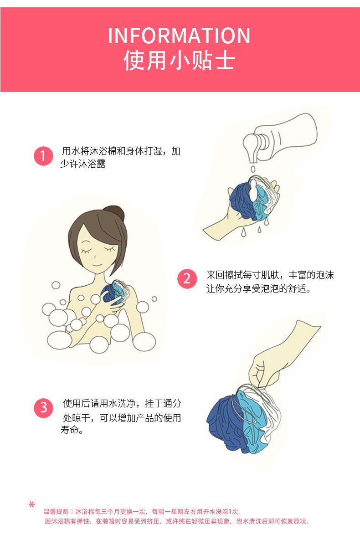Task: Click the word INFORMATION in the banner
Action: [x=179, y=36]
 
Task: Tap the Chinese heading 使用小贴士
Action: [x=179, y=61]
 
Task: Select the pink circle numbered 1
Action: [x=43, y=156]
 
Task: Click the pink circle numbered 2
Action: [x=187, y=278]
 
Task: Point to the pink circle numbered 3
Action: [x=44, y=408]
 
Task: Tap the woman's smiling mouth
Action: [x=98, y=266]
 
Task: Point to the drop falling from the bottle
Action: [x=253, y=169]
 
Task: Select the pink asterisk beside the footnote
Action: [x=32, y=505]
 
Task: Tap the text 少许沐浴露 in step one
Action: [x=83, y=164]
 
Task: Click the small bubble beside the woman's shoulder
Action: [x=154, y=299]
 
